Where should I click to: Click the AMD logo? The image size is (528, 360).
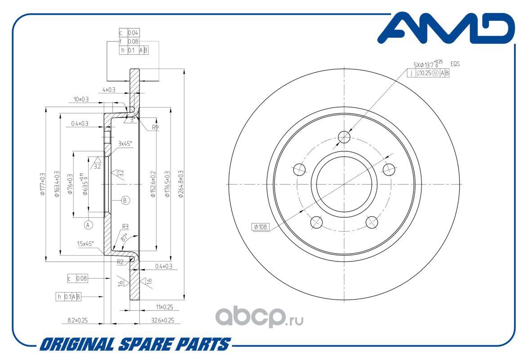point(445,30)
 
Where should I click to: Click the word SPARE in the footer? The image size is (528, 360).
point(144,345)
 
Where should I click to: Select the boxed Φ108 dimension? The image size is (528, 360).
point(260,227)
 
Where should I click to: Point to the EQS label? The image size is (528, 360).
point(455,64)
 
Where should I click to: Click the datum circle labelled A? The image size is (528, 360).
point(88,224)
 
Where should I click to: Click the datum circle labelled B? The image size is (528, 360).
point(125,200)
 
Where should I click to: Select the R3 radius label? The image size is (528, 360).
point(125,226)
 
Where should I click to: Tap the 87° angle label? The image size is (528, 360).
point(124,237)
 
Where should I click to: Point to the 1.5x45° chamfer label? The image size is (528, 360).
point(85,243)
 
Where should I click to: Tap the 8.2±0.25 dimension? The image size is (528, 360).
point(77,320)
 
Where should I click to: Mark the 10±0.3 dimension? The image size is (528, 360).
point(81,99)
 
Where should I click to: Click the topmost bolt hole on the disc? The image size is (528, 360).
point(344,137)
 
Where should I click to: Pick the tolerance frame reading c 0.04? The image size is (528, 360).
point(129,33)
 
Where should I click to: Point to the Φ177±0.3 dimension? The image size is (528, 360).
point(43,184)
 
